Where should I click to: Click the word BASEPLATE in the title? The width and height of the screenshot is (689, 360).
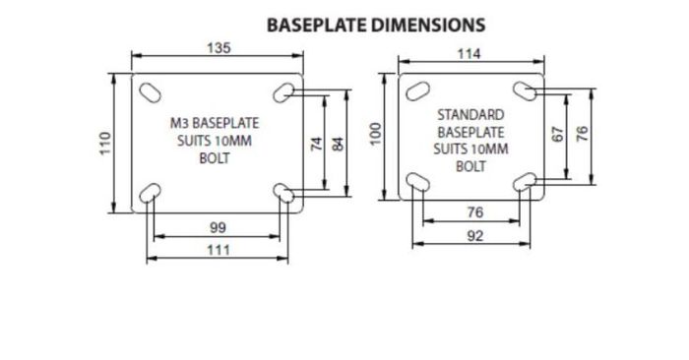coord(317,25)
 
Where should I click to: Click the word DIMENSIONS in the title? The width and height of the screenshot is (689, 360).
coord(429,25)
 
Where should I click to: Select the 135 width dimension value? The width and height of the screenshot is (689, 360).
coord(219,47)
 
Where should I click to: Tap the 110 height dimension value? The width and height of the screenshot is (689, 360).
coord(105,144)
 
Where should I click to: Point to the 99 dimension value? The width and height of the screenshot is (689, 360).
coord(218,227)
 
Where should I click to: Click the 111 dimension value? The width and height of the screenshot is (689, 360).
coord(219,250)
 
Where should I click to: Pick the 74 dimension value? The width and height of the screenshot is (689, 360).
coord(316,144)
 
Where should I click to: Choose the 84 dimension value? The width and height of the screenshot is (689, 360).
coord(338,144)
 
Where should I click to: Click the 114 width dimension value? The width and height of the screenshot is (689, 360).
coord(469,54)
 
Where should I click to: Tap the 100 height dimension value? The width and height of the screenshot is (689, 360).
coord(375,134)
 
